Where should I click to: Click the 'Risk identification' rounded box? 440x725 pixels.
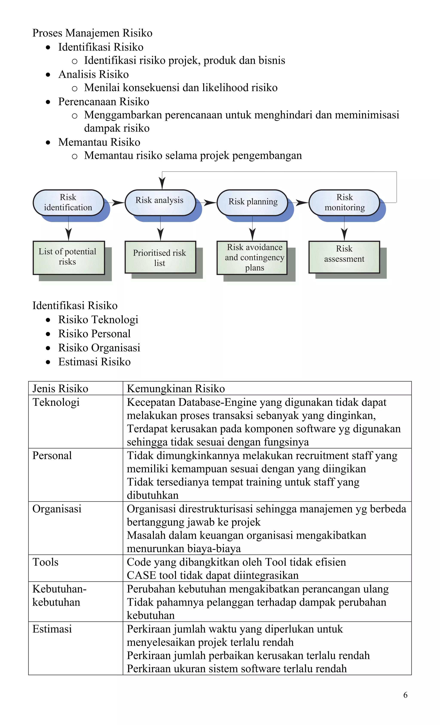coord(68,202)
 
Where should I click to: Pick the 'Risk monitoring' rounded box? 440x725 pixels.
coord(344,202)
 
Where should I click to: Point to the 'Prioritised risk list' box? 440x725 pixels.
coord(160,257)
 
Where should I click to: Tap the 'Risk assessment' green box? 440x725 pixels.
coord(344,257)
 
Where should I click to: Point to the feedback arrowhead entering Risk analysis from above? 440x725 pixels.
coord(162,183)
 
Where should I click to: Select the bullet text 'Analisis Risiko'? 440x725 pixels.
coord(93,74)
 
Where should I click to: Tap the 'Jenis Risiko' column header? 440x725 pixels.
coord(60,388)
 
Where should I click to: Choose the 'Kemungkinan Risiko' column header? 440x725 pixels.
coord(176,388)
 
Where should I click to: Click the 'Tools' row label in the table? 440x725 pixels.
coord(46,562)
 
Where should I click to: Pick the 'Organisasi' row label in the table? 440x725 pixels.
coord(57,509)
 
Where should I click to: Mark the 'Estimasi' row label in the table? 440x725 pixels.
coord(52,629)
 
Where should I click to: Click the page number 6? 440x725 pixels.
coord(405,695)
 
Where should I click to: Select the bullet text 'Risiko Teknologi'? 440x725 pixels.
coord(98,320)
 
